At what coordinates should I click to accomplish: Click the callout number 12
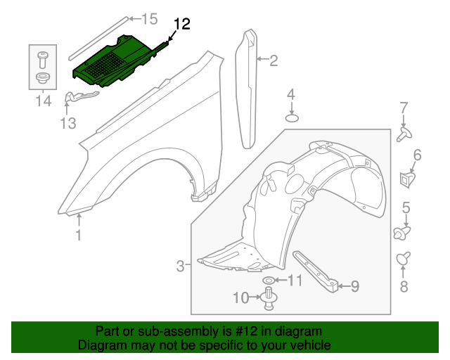pyautogui.click(x=181, y=25)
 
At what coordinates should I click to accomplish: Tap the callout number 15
pyautogui.click(x=150, y=18)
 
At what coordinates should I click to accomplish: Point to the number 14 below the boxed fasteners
pyautogui.click(x=43, y=101)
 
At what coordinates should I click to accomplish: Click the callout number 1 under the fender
pyautogui.click(x=79, y=236)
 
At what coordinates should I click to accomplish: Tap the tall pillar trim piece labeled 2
pyautogui.click(x=250, y=88)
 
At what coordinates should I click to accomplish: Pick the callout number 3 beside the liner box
pyautogui.click(x=180, y=266)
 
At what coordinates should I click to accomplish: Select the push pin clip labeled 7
pyautogui.click(x=404, y=134)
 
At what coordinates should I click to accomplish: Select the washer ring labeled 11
pyautogui.click(x=269, y=281)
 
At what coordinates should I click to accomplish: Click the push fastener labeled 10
pyautogui.click(x=269, y=300)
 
